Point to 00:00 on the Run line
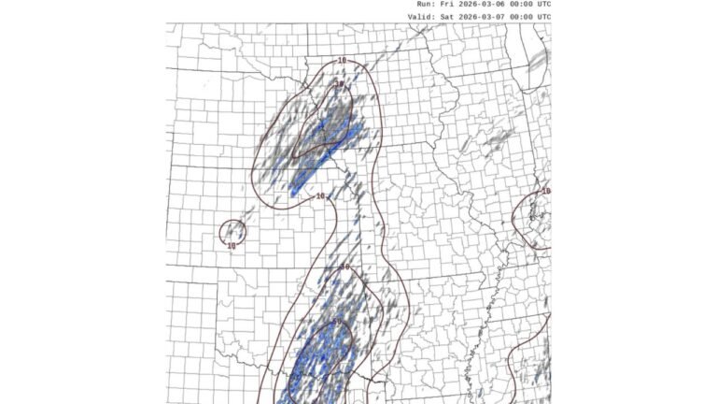coord(523,4)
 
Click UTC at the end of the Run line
coord(545,4)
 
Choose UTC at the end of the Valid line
coord(545,16)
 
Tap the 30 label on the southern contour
coord(344,267)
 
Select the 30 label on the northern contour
coord(339,84)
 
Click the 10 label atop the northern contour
coord(342,61)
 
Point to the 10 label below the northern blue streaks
coord(321,196)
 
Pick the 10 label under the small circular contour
coord(232,246)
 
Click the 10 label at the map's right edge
coord(546,191)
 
